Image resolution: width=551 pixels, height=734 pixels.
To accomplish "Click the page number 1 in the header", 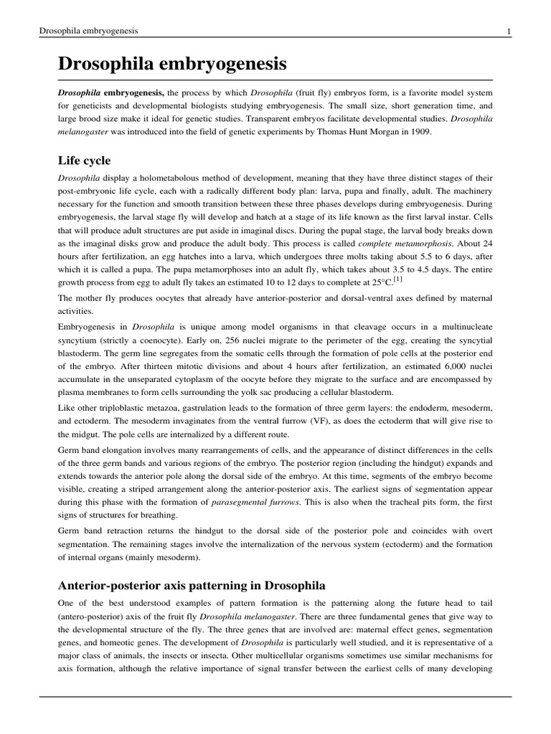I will [508, 31].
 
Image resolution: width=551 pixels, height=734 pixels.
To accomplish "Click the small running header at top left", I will [89, 31].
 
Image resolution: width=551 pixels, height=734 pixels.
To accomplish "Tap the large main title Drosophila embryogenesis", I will [172, 65].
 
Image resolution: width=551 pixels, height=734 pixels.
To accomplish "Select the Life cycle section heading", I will [84, 160].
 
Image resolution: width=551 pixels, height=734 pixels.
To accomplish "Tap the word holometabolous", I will [171, 176].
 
